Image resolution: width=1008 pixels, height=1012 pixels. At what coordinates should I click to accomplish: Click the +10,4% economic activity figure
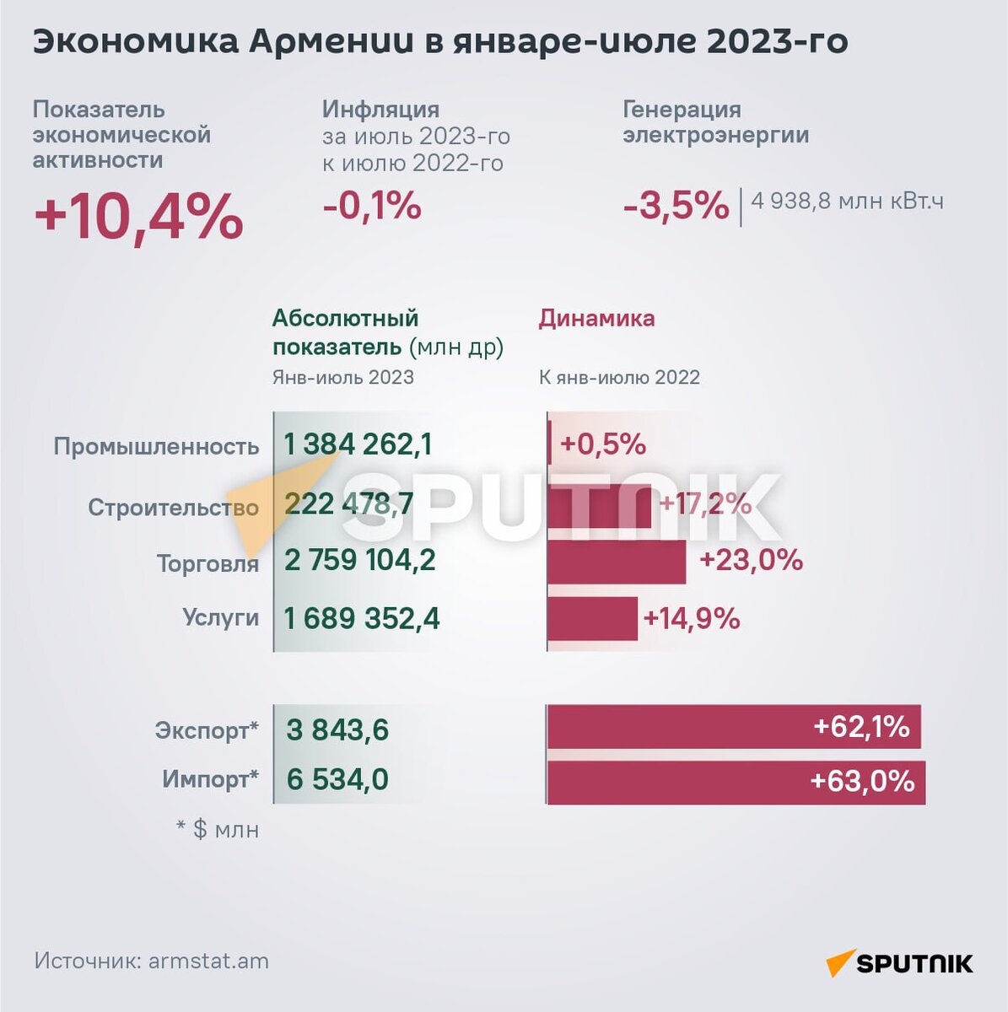click(x=138, y=217)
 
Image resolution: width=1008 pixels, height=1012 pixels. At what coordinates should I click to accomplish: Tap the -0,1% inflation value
click(x=372, y=206)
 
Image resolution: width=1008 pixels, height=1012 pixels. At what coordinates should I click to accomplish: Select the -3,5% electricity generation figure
click(x=676, y=206)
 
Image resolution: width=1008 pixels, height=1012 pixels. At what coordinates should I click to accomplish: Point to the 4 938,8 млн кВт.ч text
click(x=847, y=201)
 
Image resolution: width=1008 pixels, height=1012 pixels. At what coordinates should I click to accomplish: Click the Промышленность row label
click(x=156, y=446)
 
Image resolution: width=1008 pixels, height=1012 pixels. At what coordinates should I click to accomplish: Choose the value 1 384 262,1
click(x=358, y=444)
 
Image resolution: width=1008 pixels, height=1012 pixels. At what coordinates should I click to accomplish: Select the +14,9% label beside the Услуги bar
click(x=691, y=619)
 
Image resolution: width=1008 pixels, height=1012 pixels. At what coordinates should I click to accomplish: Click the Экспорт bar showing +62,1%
click(x=734, y=727)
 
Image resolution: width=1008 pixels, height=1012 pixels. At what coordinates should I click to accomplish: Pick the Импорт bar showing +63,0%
click(x=736, y=782)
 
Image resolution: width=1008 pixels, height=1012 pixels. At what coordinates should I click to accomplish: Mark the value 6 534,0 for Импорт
click(x=337, y=779)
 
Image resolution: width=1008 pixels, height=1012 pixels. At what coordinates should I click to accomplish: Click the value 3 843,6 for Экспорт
click(x=337, y=729)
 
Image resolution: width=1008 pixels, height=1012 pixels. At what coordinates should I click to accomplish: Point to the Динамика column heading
click(x=596, y=319)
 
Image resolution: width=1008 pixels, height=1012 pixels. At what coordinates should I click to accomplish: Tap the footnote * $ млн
click(x=218, y=830)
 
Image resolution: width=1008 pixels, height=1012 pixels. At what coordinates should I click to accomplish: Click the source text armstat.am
click(x=208, y=961)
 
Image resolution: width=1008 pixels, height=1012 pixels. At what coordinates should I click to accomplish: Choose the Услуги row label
click(x=220, y=617)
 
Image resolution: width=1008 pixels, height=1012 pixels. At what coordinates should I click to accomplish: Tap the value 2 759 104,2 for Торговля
click(x=359, y=560)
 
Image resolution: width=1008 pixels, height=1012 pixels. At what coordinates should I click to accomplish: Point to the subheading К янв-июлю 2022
click(x=619, y=377)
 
